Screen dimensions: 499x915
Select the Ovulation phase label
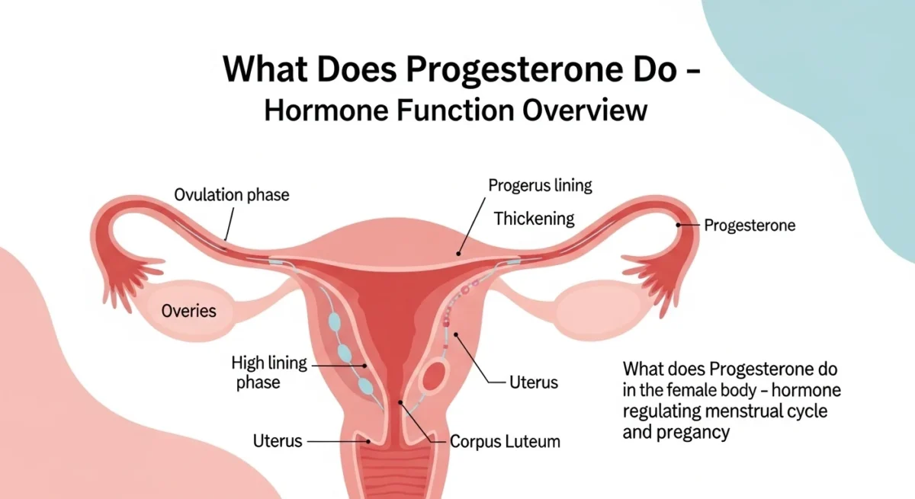click(232, 194)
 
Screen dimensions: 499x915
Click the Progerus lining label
click(541, 185)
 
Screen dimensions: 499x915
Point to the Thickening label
click(534, 219)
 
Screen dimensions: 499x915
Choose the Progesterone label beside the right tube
click(750, 226)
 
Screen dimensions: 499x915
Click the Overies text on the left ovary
click(188, 311)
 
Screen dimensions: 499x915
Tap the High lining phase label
click(269, 372)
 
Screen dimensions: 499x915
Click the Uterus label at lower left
click(278, 440)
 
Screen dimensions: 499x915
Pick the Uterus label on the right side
click(534, 382)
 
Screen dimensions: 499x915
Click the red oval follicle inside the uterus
click(437, 376)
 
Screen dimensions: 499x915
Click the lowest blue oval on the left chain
click(368, 385)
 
